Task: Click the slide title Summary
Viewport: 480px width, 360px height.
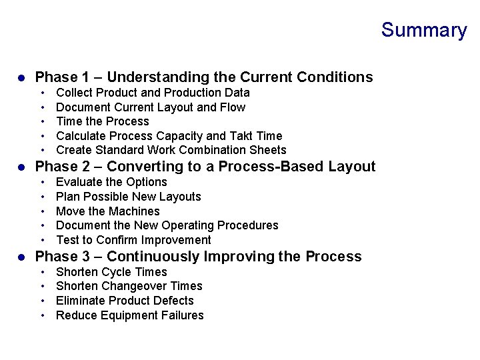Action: [x=424, y=31]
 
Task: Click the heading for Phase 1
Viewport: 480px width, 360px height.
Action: [x=204, y=77]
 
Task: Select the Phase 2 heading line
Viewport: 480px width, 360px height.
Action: [x=205, y=167]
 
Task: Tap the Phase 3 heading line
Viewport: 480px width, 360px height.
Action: [x=198, y=257]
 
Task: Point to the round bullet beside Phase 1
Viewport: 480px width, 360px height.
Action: [x=21, y=78]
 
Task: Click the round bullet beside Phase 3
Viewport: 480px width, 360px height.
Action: [x=21, y=257]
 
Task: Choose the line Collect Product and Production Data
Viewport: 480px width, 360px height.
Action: [x=153, y=93]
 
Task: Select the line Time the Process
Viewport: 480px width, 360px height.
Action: [x=103, y=121]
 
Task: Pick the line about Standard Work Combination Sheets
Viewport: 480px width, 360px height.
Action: [x=171, y=150]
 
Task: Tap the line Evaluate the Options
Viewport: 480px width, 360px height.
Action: [x=111, y=182]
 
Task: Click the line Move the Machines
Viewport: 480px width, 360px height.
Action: [x=108, y=211]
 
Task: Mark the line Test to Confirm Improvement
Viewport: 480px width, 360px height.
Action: [x=133, y=240]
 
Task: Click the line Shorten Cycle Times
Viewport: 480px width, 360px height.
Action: [x=111, y=272]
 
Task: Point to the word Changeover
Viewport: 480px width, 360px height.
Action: [x=135, y=286]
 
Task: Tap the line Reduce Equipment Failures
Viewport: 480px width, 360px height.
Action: [x=130, y=315]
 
